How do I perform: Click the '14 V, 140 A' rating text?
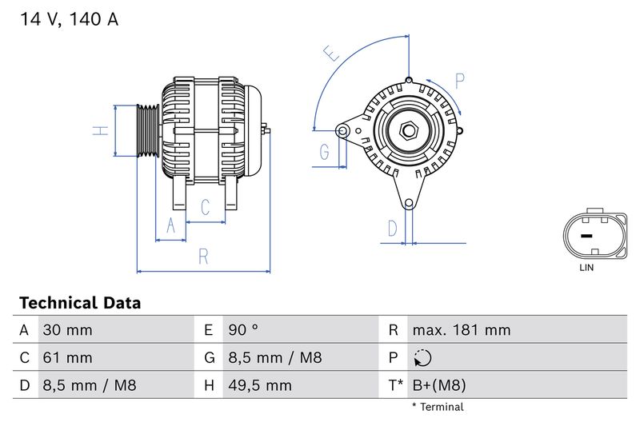[68, 20]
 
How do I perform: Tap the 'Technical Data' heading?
[80, 303]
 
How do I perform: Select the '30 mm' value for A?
[68, 330]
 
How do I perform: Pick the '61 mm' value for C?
[68, 358]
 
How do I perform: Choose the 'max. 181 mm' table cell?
[461, 330]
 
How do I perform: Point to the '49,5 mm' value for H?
[259, 385]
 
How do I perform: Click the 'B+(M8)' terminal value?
[439, 385]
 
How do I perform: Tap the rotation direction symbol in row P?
[424, 358]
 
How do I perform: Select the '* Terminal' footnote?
[438, 407]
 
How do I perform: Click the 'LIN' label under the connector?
[586, 268]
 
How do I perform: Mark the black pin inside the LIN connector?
[586, 237]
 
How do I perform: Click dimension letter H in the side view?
[99, 130]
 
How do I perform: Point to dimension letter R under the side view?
[204, 257]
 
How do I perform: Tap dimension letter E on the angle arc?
[331, 54]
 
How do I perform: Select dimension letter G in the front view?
[325, 152]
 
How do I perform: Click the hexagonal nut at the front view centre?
[407, 129]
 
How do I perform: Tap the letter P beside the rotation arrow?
[460, 80]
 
